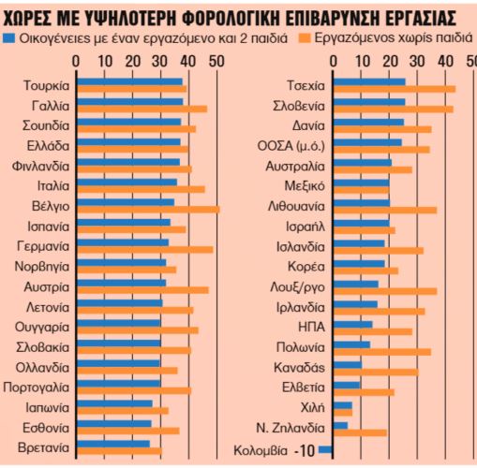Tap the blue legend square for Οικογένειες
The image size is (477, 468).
[x=9, y=39]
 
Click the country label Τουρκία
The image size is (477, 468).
[x=44, y=85]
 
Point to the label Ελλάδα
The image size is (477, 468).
[x=46, y=145]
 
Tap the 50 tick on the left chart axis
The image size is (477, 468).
[x=216, y=62]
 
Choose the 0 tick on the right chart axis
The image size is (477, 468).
[x=333, y=62]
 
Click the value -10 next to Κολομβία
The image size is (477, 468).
[x=303, y=451]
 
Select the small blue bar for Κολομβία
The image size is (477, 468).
[x=325, y=449]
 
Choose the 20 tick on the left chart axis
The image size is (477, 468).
[x=131, y=62]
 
